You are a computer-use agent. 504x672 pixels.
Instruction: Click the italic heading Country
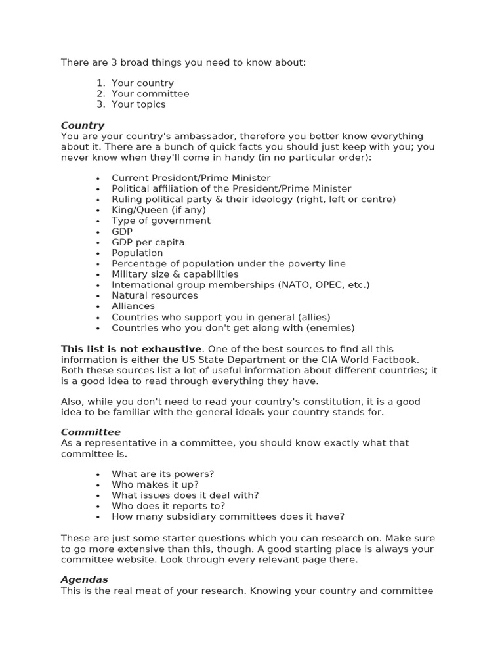pyautogui.click(x=83, y=125)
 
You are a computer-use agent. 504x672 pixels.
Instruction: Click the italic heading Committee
pyautogui.click(x=91, y=432)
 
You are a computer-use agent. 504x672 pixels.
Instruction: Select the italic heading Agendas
pyautogui.click(x=85, y=579)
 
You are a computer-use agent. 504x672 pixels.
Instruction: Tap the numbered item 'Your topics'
pyautogui.click(x=138, y=104)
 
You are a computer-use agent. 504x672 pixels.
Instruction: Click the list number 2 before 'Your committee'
pyautogui.click(x=100, y=94)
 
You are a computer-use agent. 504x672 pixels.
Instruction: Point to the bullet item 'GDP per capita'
pyautogui.click(x=148, y=242)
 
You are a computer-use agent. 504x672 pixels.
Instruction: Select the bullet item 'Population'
pyautogui.click(x=137, y=253)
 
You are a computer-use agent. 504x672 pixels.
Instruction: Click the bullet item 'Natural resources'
pyautogui.click(x=155, y=295)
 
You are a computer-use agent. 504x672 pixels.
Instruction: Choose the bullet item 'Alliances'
pyautogui.click(x=133, y=306)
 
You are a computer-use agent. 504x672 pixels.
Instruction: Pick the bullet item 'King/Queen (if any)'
pyautogui.click(x=159, y=210)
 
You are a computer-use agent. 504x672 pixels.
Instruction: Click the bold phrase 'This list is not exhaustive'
pyautogui.click(x=131, y=349)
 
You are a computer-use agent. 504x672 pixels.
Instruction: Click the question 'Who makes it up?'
pyautogui.click(x=155, y=484)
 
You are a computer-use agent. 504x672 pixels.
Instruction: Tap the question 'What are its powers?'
pyautogui.click(x=163, y=474)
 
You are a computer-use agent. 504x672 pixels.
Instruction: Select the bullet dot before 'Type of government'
pyautogui.click(x=98, y=221)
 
